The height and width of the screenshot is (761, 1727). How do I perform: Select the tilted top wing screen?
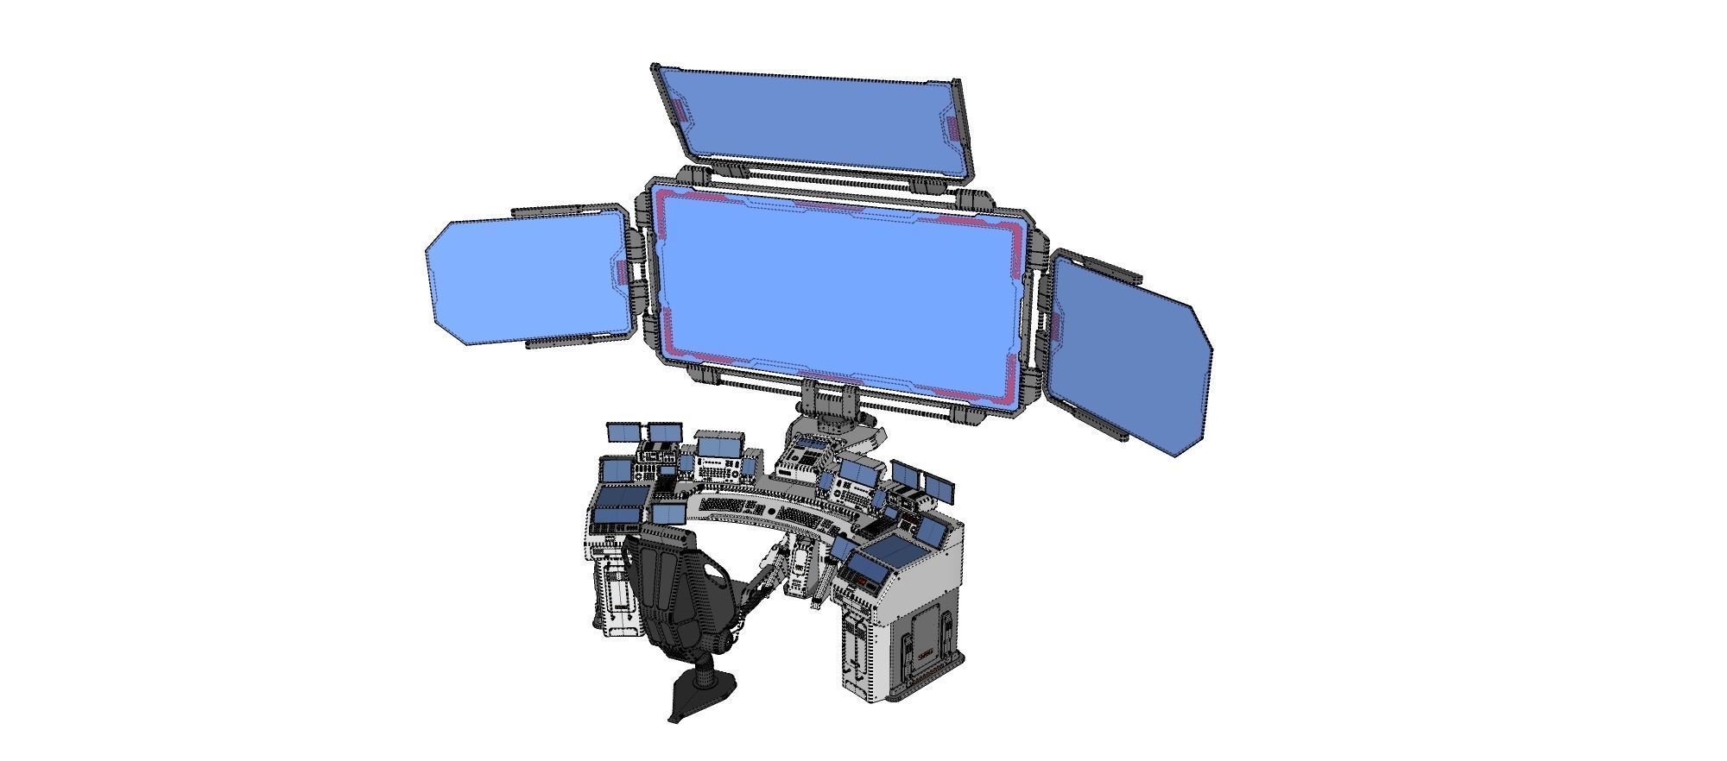coord(812,116)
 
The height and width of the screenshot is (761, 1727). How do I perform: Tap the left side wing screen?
coord(531,280)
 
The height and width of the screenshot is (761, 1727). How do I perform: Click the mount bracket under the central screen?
coord(829,401)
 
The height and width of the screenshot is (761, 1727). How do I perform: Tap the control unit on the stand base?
coord(803,457)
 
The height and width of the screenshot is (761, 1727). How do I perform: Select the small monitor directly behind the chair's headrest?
coord(669,515)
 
